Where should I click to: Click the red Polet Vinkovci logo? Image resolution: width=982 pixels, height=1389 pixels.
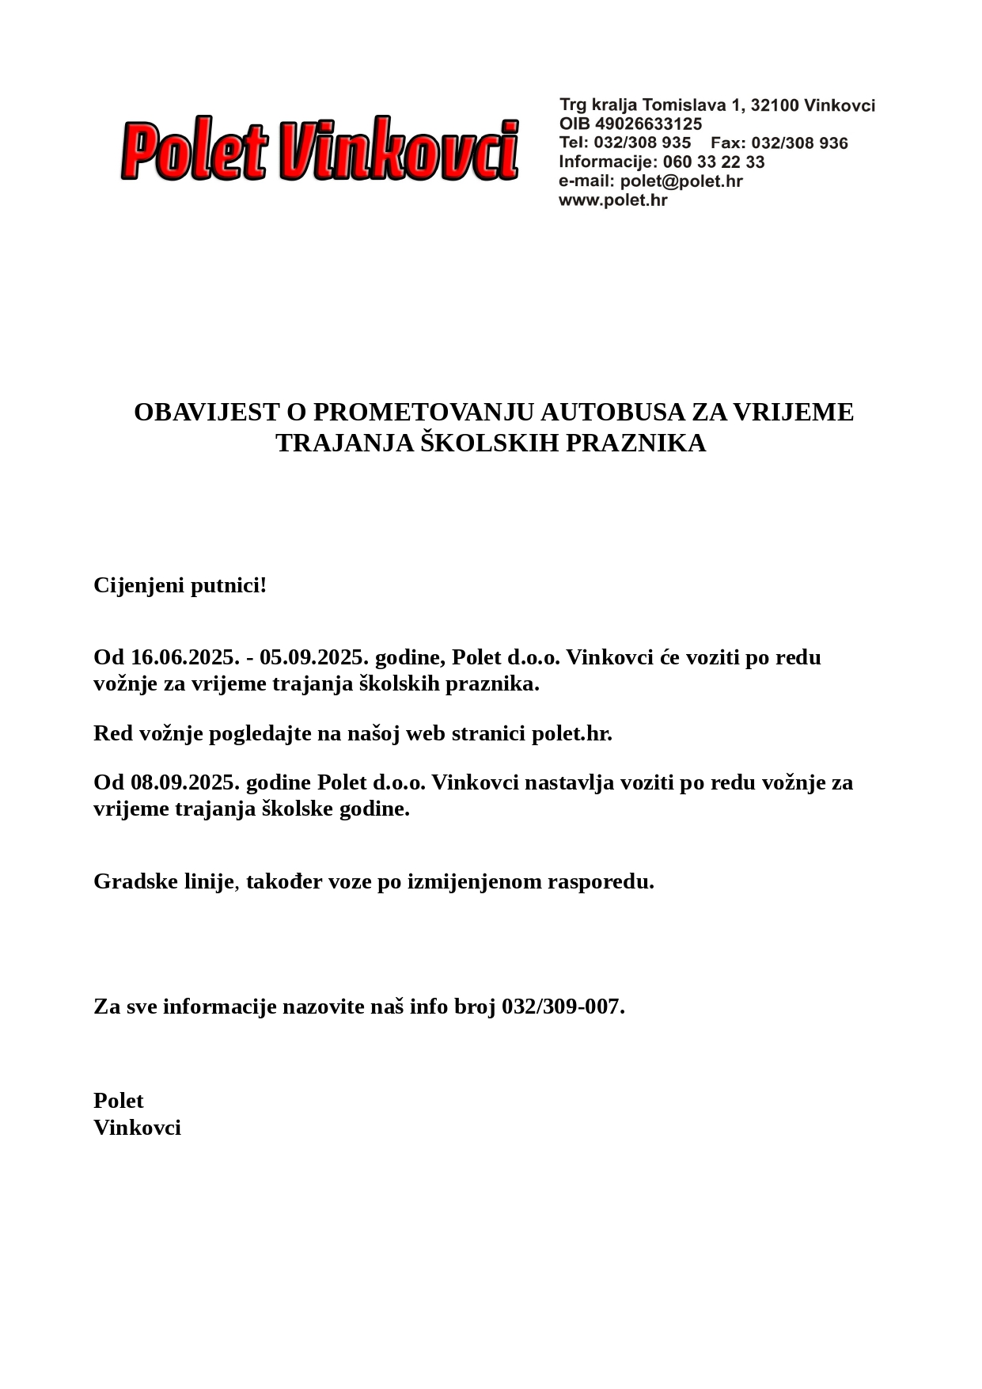(x=320, y=150)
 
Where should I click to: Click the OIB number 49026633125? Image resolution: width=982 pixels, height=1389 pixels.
(x=648, y=124)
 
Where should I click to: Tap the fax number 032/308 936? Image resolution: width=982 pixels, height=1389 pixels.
(x=799, y=143)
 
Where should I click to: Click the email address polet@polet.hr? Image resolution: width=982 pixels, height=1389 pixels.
(x=681, y=181)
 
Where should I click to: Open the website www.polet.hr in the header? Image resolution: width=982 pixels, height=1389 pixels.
(x=612, y=200)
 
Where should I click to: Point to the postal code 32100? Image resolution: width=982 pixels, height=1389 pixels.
(x=775, y=105)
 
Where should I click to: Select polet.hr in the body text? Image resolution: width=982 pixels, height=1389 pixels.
(x=571, y=733)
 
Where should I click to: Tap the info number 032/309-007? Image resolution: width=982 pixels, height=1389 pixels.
(x=563, y=1007)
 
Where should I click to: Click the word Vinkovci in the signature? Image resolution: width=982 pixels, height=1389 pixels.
(x=137, y=1128)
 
